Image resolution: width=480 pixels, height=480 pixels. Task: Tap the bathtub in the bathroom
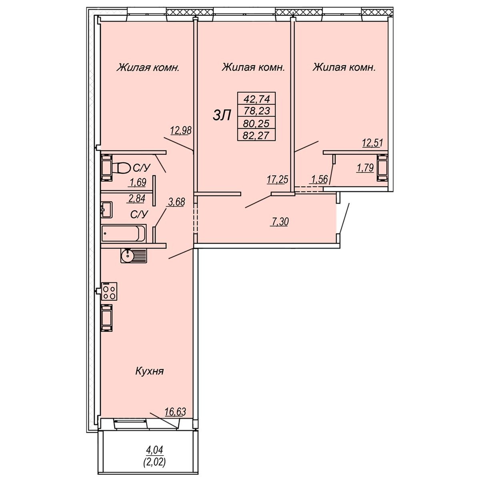click(124, 233)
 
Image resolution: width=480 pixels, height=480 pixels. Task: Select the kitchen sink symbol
click(134, 256)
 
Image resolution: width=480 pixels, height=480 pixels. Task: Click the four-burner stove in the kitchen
click(109, 291)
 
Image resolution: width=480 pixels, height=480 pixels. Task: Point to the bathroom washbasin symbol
click(107, 209)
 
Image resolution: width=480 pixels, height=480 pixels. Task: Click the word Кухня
click(150, 371)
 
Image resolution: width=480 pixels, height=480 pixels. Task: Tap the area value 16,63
click(175, 412)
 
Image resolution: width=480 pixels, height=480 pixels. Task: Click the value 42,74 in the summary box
click(257, 99)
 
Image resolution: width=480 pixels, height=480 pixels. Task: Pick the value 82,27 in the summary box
click(257, 136)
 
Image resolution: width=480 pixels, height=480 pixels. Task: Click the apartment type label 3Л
click(222, 116)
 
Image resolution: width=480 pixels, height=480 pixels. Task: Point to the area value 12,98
click(181, 130)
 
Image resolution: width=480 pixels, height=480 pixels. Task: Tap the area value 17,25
click(278, 179)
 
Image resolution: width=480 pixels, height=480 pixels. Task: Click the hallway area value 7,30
click(279, 222)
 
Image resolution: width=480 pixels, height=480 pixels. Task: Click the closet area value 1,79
click(366, 168)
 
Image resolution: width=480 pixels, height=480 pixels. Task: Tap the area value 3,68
click(177, 202)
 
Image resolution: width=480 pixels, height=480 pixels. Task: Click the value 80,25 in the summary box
click(257, 123)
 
